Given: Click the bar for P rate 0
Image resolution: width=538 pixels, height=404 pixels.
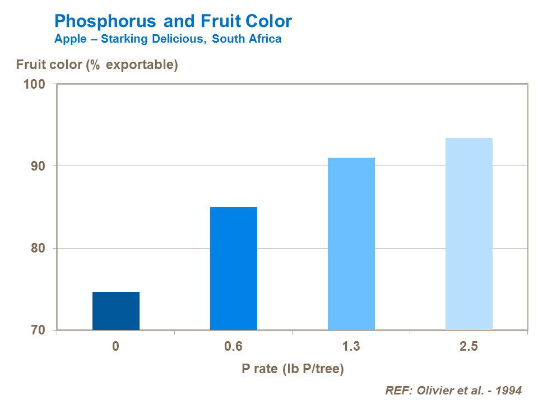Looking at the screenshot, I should point(115,311).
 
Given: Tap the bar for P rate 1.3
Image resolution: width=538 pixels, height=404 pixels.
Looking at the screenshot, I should point(351,244).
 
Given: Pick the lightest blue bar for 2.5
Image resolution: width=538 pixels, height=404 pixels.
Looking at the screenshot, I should point(469,234).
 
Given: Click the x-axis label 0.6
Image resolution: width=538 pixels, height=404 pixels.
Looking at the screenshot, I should point(233,346).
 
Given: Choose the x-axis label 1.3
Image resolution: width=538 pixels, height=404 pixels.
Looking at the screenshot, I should point(351,346).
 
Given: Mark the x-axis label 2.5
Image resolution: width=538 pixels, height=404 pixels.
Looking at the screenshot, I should point(469,346).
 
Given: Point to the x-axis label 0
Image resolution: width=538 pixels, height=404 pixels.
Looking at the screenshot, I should point(115,346).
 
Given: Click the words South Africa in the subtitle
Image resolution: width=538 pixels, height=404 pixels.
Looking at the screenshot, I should point(247,39).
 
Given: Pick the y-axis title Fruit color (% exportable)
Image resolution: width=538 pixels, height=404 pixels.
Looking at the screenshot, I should point(97,65).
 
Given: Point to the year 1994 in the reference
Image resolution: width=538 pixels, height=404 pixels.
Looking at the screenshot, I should point(510,391).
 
